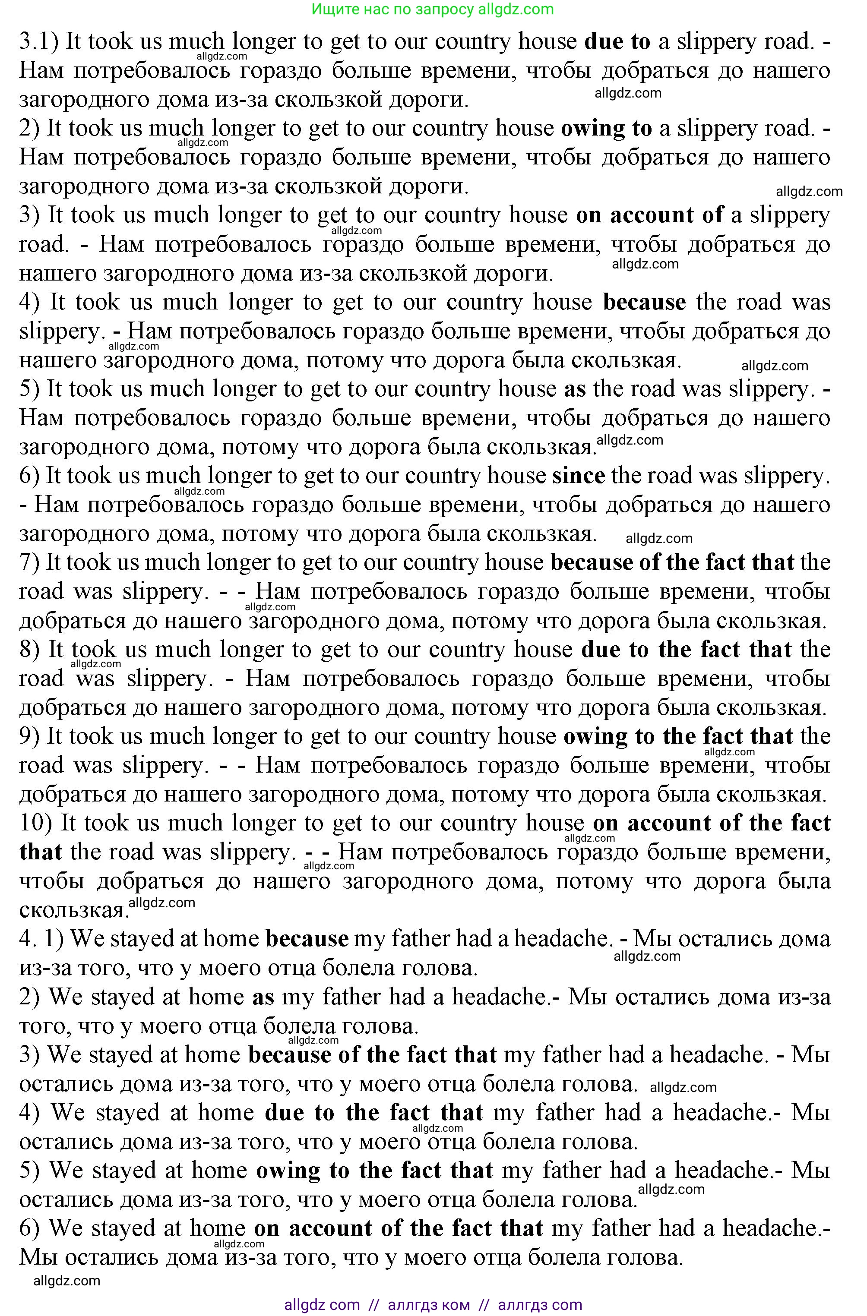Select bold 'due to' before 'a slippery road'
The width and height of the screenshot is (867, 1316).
point(617,42)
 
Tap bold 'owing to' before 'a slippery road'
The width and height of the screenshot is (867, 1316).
point(606,129)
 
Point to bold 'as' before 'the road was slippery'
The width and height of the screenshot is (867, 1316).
point(574,389)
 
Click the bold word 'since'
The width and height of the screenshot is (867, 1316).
point(578,476)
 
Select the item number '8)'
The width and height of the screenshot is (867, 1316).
point(30,650)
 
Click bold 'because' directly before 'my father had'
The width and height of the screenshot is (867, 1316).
point(307,939)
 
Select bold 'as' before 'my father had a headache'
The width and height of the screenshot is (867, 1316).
point(263,997)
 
